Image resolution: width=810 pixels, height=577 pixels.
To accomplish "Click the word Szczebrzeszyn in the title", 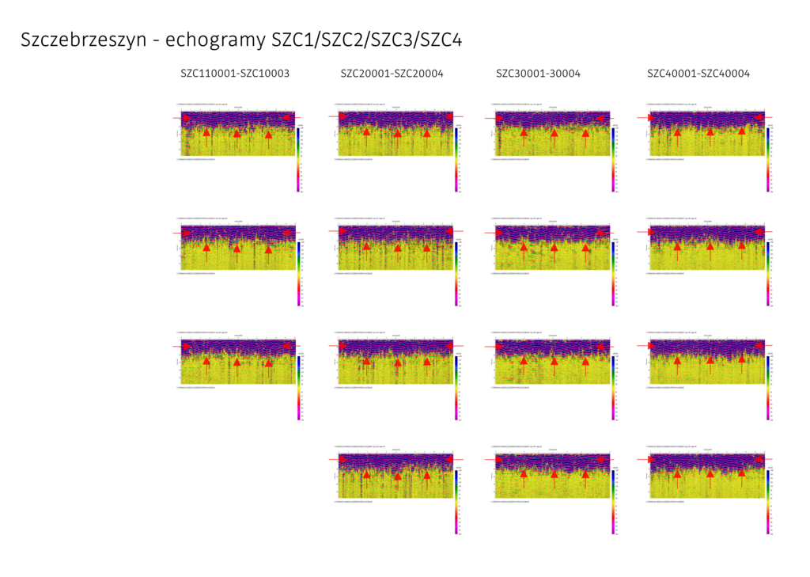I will pos(83,40).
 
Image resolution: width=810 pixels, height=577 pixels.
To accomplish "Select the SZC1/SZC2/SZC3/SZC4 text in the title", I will pos(365,40).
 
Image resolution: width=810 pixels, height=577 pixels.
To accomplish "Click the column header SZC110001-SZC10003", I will pos(235,74).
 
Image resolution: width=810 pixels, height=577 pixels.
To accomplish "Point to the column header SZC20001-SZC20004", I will pos(392,74).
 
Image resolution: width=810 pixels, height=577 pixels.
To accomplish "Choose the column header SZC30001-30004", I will pos(538,74).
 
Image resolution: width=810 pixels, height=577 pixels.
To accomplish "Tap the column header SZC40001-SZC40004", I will pos(698,74).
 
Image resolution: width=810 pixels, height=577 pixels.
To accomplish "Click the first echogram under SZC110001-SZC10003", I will pos(237,133).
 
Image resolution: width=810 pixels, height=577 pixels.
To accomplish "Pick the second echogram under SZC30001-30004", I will pos(552,247).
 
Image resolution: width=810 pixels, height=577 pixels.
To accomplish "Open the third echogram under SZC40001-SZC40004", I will pos(706,362).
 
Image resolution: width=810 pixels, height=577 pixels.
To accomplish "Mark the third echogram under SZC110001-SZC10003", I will pos(237,362).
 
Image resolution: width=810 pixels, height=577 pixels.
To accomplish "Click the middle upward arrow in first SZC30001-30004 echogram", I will pos(554,135).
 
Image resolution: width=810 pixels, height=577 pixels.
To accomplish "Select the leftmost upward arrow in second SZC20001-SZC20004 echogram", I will pos(366,249).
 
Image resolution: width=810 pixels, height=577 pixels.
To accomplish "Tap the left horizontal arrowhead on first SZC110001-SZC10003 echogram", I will pos(187,118).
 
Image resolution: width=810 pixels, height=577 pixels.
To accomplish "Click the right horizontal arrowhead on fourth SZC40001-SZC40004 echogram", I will pos(759,459).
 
